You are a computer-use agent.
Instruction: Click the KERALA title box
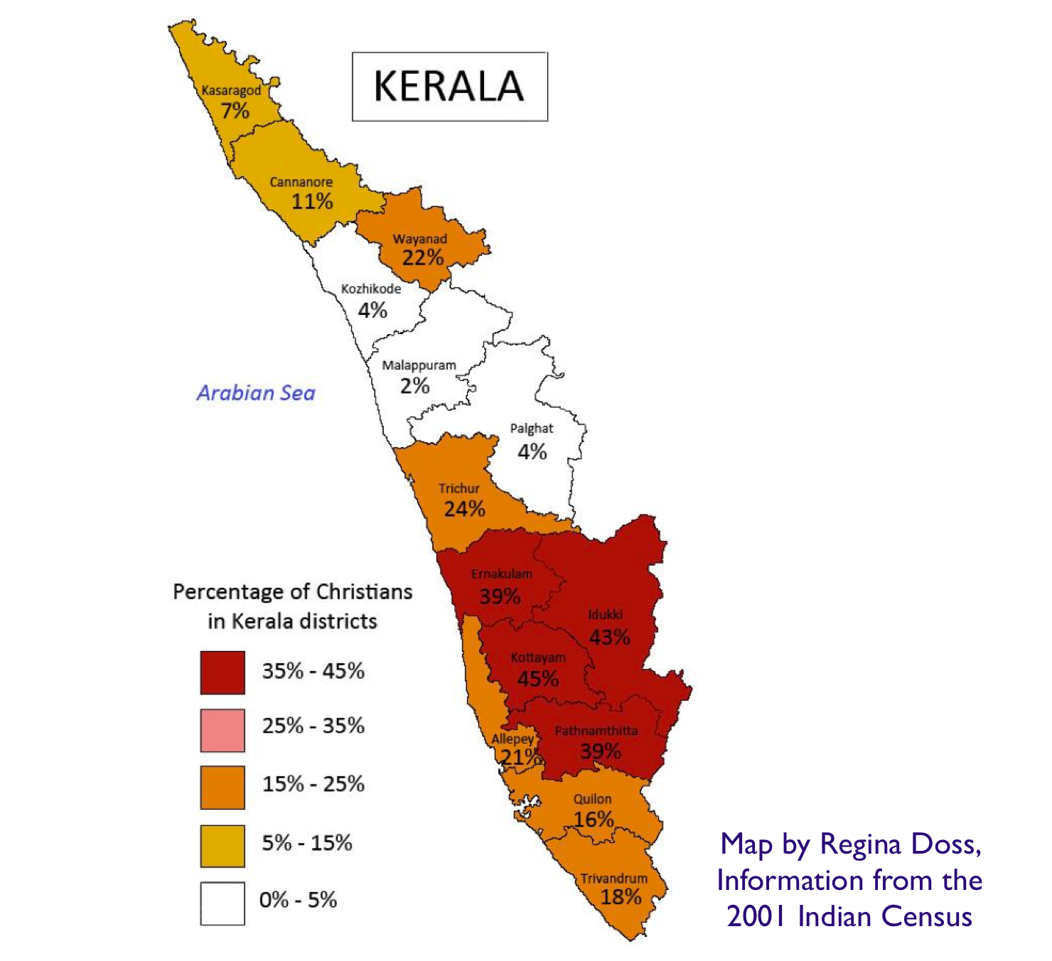449,87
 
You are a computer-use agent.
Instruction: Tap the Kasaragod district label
231,91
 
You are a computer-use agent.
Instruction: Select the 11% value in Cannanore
312,202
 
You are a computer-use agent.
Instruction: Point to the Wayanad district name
420,239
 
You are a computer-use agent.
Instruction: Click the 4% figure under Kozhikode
372,311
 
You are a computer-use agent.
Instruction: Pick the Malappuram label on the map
419,365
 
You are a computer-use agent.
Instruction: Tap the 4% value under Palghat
532,452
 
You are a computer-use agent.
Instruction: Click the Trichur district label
458,489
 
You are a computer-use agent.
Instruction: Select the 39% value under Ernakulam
500,596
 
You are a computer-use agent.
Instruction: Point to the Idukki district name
605,615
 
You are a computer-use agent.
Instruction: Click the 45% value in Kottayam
537,679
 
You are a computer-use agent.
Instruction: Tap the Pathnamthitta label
596,731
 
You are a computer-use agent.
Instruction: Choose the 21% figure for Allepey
519,758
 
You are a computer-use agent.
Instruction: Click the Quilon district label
592,799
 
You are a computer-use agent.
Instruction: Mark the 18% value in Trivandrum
621,897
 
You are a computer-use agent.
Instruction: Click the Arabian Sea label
256,393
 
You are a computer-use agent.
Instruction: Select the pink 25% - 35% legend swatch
222,730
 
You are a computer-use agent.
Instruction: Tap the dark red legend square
222,672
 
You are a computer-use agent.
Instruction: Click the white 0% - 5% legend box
222,903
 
